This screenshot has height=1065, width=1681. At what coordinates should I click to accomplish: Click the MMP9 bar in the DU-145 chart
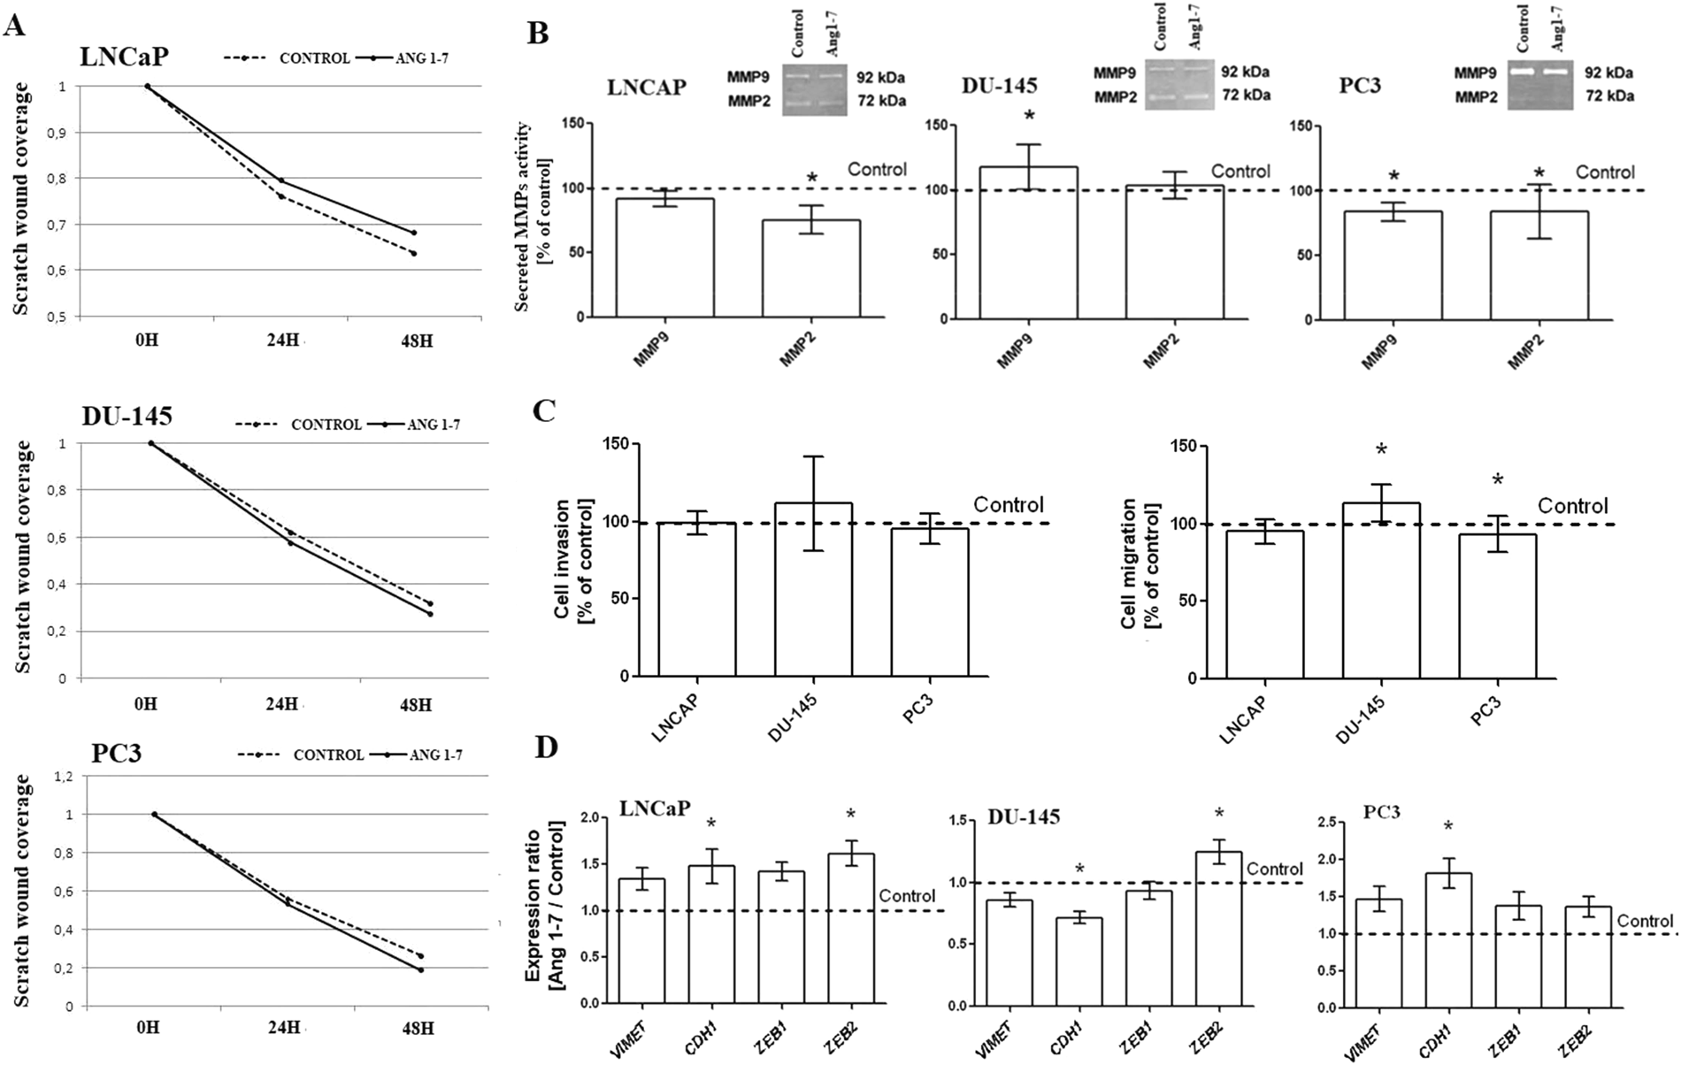click(x=1027, y=242)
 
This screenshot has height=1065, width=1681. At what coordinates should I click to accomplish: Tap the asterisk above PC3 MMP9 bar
click(x=1393, y=178)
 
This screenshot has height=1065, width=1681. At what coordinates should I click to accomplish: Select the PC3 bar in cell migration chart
click(x=1497, y=606)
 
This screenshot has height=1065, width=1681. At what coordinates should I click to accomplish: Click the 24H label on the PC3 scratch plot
click(x=284, y=1031)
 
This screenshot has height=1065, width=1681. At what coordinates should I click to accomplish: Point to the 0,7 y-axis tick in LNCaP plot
click(x=62, y=225)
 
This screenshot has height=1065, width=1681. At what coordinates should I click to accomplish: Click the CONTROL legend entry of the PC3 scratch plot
click(x=327, y=755)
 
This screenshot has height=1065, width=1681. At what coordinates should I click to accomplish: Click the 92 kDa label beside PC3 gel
click(x=1608, y=73)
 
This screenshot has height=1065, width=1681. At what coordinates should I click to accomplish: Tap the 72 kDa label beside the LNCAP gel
click(x=880, y=101)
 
